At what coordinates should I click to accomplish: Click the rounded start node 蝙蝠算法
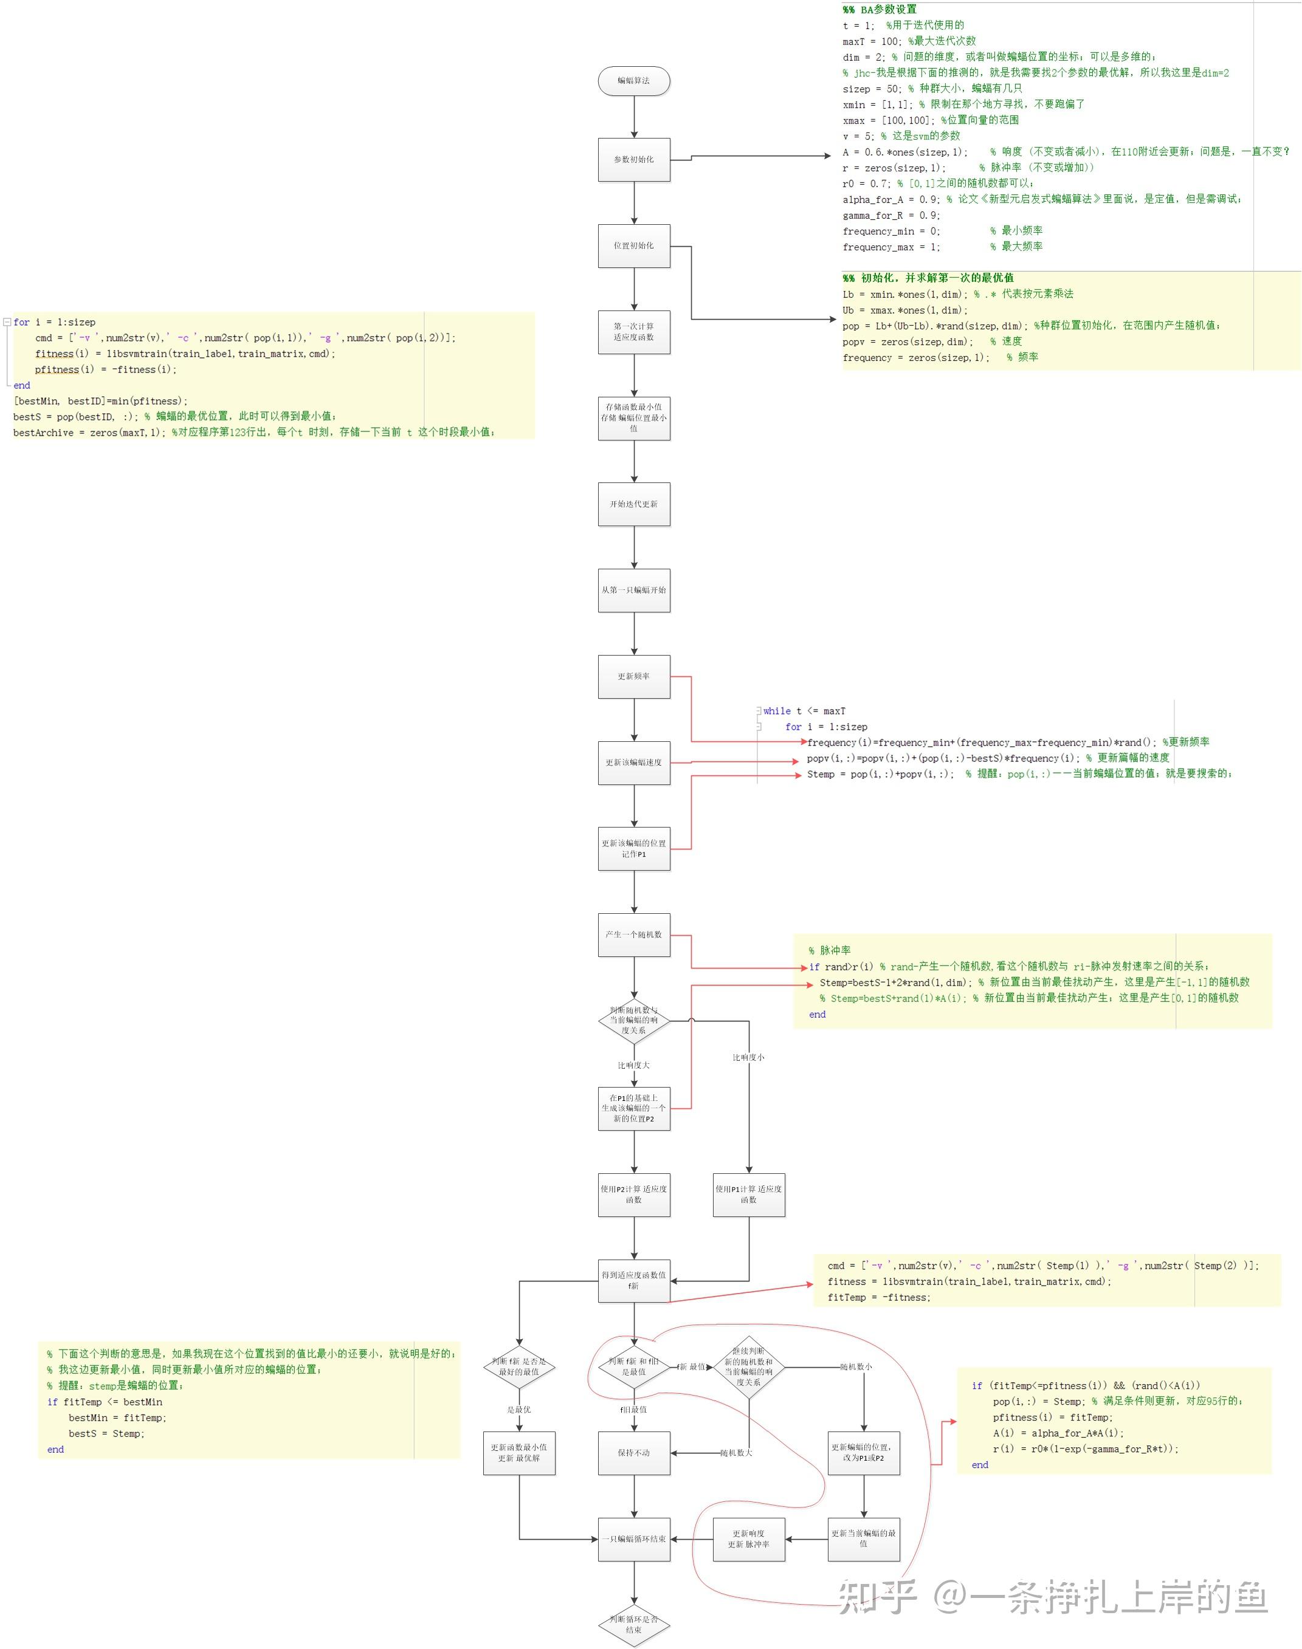point(633,81)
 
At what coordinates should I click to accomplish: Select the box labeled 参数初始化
point(633,159)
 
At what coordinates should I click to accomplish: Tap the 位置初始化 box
point(633,245)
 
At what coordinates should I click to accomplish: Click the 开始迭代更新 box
point(633,504)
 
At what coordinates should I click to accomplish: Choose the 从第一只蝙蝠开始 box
point(633,590)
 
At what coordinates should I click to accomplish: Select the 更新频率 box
point(633,676)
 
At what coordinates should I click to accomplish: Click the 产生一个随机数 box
point(633,934)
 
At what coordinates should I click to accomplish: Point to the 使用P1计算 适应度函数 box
point(749,1194)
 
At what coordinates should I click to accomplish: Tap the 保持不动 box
point(633,1452)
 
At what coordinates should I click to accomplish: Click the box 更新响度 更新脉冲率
point(749,1538)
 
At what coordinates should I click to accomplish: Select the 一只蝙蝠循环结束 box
point(633,1538)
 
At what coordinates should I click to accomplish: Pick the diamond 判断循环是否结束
point(633,1624)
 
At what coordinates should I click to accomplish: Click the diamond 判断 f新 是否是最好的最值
point(519,1366)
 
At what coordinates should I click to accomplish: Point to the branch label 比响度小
point(749,1057)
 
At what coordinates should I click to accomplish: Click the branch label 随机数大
point(735,1452)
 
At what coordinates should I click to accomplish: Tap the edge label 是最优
point(519,1409)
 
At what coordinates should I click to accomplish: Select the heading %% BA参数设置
point(880,9)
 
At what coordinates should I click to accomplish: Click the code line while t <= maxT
point(804,711)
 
